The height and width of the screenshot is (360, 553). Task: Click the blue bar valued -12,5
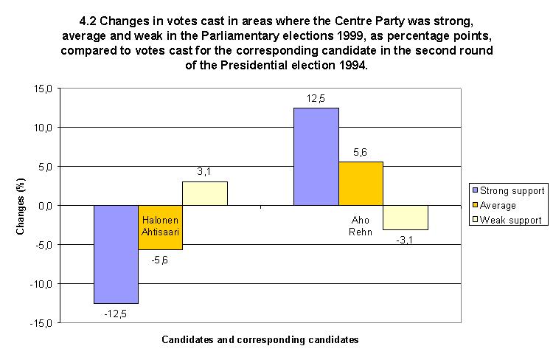pyautogui.click(x=116, y=254)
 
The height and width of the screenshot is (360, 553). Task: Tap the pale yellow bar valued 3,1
pyautogui.click(x=205, y=193)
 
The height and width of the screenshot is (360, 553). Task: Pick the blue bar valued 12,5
pyautogui.click(x=316, y=156)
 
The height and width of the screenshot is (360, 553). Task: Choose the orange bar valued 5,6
pyautogui.click(x=361, y=183)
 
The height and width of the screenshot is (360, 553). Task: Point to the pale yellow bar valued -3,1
pyautogui.click(x=406, y=218)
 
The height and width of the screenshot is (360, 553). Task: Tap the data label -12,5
pyautogui.click(x=116, y=314)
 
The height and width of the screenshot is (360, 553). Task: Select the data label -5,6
pyautogui.click(x=161, y=260)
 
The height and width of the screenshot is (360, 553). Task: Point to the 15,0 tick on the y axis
pyautogui.click(x=43, y=89)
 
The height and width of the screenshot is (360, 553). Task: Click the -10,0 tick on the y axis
pyautogui.click(x=41, y=284)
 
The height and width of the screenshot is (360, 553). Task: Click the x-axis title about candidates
pyautogui.click(x=260, y=340)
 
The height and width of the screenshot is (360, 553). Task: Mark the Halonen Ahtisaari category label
pyautogui.click(x=160, y=226)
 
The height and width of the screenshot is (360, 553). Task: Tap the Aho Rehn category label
pyautogui.click(x=361, y=226)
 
